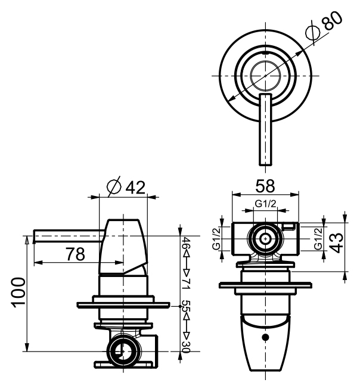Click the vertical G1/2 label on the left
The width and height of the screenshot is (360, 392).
(x=217, y=240)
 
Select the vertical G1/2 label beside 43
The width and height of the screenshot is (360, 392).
(x=318, y=239)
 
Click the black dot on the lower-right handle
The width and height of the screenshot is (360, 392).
(x=265, y=338)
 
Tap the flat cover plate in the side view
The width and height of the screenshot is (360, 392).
(x=124, y=306)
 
